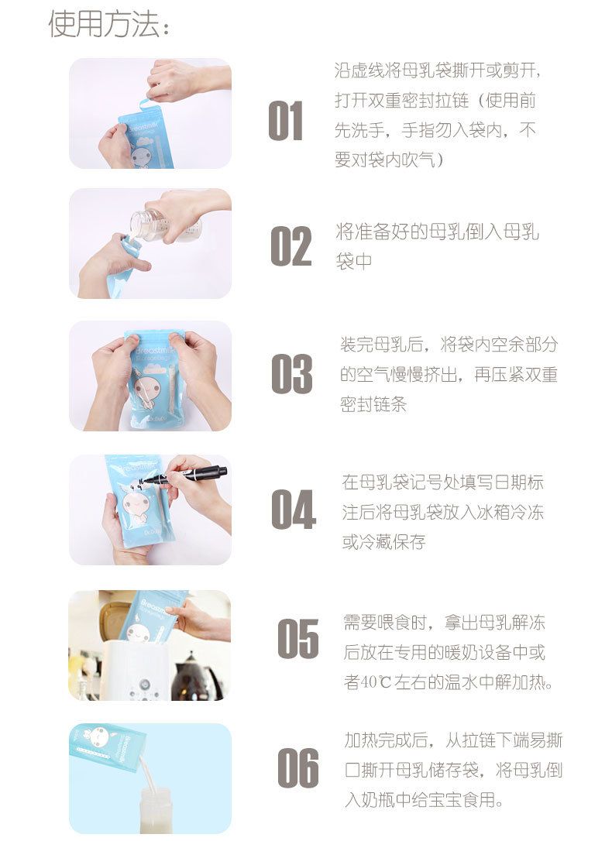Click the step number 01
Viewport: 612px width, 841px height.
coord(286,122)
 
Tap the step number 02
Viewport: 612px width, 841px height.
coord(291,246)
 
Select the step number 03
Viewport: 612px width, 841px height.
coord(291,374)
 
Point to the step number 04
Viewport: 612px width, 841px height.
coord(293,510)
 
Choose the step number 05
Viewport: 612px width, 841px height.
coord(297,639)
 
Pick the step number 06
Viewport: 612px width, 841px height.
coord(297,768)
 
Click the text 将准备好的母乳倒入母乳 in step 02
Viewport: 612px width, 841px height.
coord(437,232)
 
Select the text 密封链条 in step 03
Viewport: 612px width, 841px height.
coord(373,404)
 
